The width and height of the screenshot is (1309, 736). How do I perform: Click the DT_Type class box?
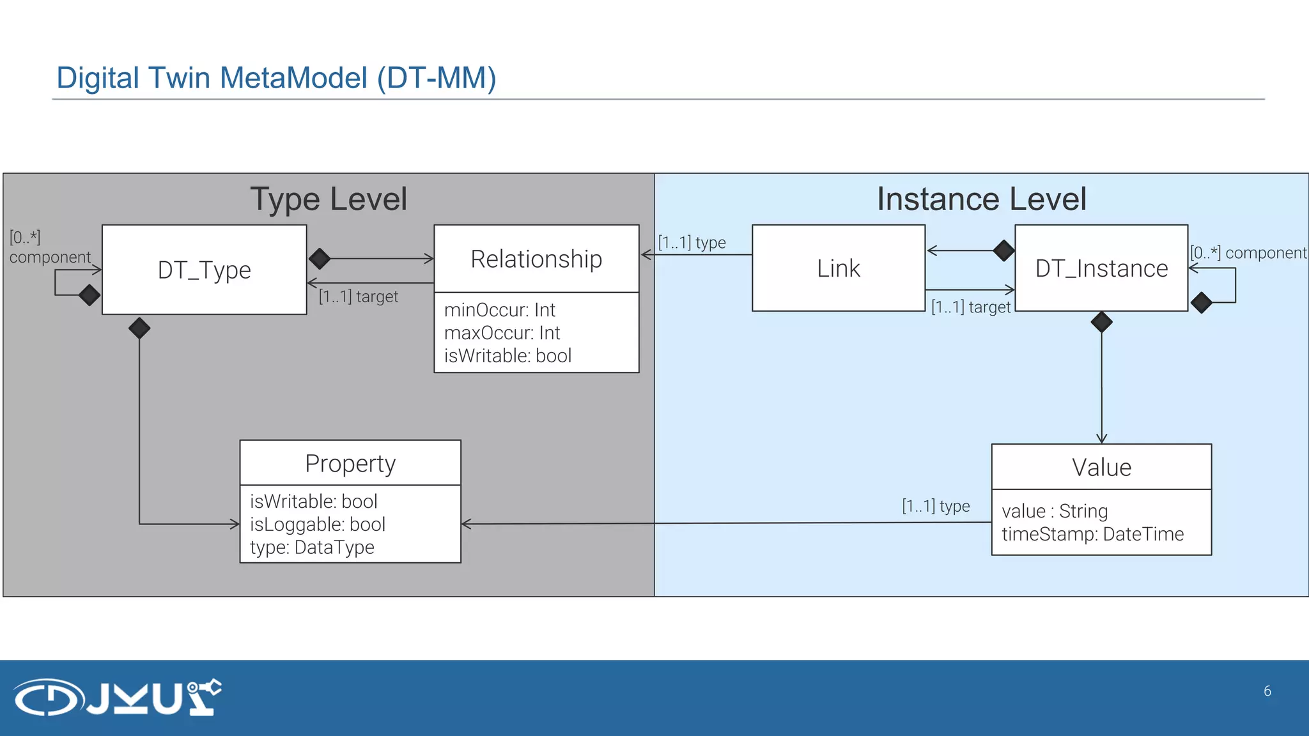coord(204,270)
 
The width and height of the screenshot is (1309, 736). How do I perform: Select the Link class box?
coord(838,268)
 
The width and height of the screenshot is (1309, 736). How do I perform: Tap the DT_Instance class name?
coord(1101,268)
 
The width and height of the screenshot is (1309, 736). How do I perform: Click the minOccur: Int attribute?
coord(499,310)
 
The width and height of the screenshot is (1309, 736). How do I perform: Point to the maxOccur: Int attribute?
coord(502,333)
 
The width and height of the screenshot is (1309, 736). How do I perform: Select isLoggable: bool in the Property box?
coord(317,525)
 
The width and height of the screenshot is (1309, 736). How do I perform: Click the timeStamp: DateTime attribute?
coord(1092,534)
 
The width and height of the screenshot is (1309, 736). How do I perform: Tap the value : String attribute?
coord(1055,511)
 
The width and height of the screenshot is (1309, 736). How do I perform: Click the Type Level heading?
coord(328,199)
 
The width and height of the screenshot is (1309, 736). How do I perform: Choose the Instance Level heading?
coord(981,199)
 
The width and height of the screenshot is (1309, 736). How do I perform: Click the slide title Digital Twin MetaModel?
coord(276,78)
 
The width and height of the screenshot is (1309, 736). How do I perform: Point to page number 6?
coord(1267,691)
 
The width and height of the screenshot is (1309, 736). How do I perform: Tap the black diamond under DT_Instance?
coord(1101,321)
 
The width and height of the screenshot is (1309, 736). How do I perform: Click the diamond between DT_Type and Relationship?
coord(320,259)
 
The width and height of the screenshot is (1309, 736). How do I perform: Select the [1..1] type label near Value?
coord(936,506)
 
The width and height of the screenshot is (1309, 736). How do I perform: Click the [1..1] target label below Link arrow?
coord(970,307)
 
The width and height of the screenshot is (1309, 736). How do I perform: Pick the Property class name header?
coord(350,463)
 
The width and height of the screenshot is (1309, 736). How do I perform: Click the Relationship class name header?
coord(536,259)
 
